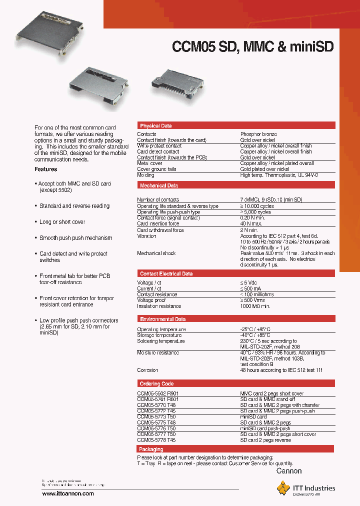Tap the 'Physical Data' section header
155,126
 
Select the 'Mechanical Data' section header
158,185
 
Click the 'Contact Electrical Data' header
166,274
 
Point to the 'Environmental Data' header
162,319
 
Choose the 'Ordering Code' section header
156,384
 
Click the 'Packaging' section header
151,449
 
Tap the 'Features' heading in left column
45,169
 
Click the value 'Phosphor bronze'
258,134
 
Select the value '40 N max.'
252,224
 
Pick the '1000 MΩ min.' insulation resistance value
255,306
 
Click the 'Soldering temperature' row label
161,341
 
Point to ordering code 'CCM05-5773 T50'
157,417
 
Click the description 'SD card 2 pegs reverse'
265,440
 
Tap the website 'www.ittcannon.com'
68,493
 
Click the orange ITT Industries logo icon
283,487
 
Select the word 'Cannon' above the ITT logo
289,471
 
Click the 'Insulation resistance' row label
159,306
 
